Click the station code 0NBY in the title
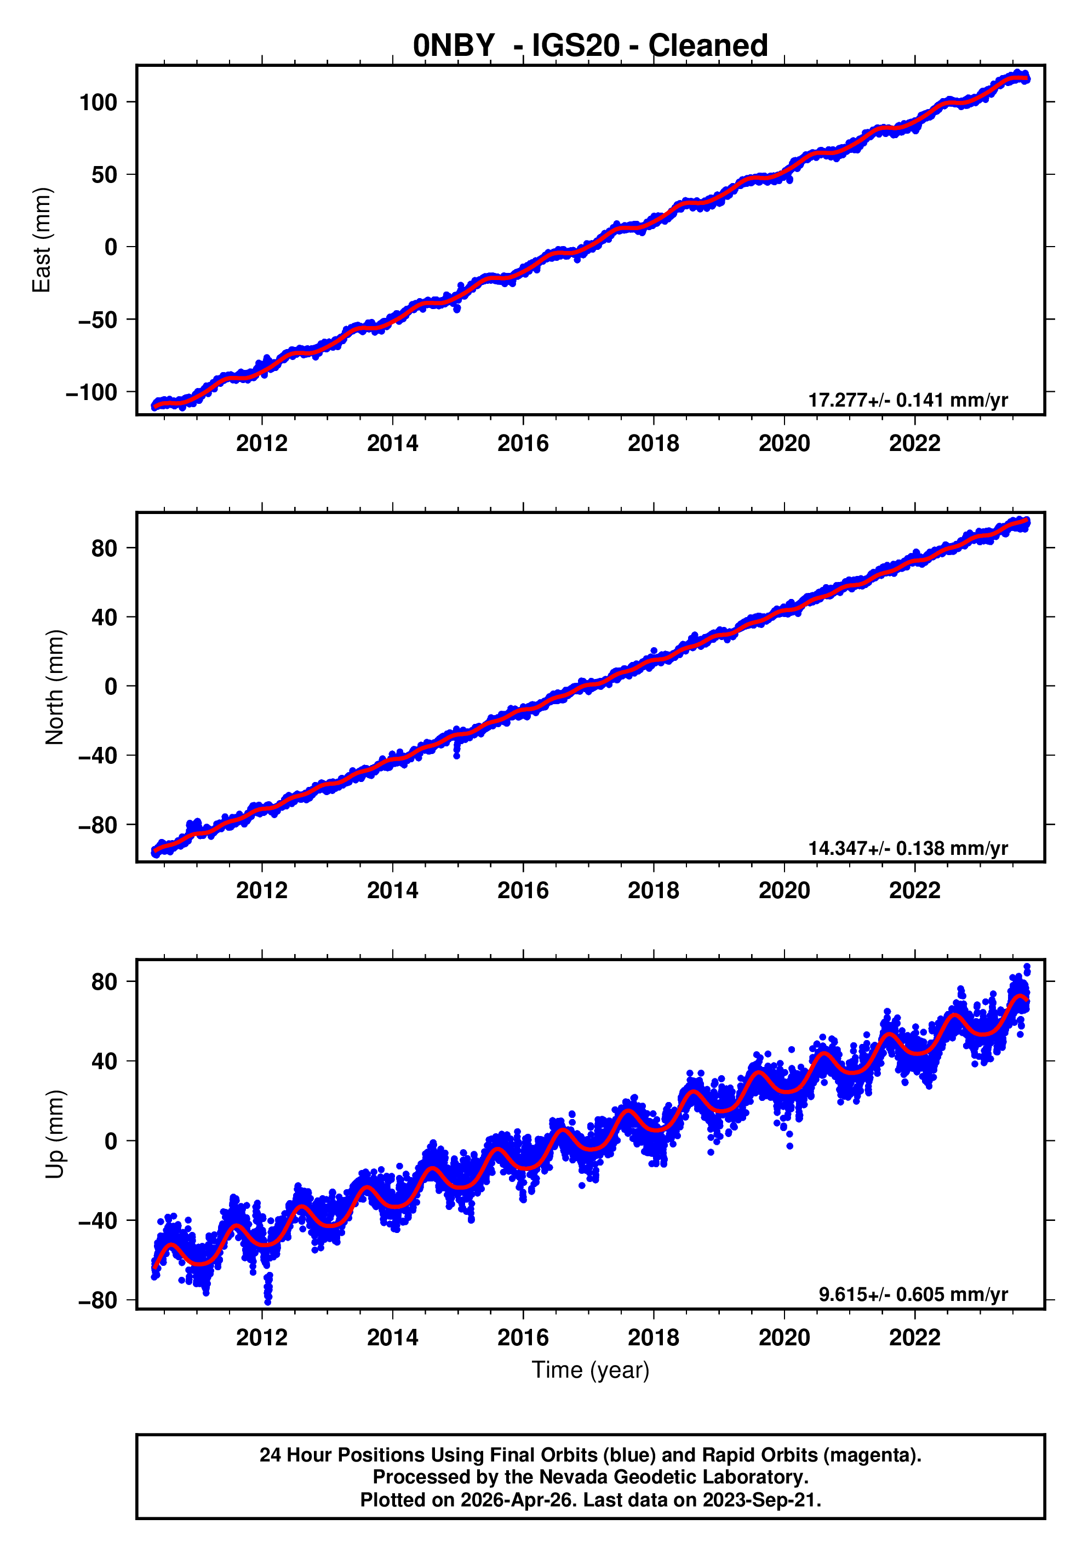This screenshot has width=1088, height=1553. pyautogui.click(x=454, y=45)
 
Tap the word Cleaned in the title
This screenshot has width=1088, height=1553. pyautogui.click(x=707, y=45)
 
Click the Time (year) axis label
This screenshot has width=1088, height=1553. pyautogui.click(x=591, y=1369)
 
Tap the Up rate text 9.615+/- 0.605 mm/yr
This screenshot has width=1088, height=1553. pyautogui.click(x=913, y=1294)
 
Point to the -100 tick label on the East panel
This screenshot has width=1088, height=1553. pyautogui.click(x=91, y=392)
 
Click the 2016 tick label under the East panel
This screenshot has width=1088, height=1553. pyautogui.click(x=523, y=444)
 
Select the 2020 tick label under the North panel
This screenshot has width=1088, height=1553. pyautogui.click(x=784, y=890)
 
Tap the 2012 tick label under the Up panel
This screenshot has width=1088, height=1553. pyautogui.click(x=262, y=1337)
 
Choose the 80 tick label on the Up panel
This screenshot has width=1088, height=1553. pyautogui.click(x=104, y=981)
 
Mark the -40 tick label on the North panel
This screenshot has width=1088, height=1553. pyautogui.click(x=98, y=756)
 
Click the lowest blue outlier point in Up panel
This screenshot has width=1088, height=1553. pyautogui.click(x=268, y=1301)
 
